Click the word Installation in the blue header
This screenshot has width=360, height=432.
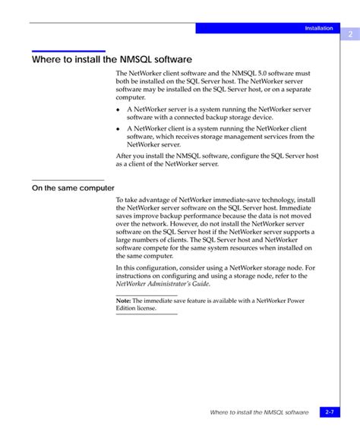pyautogui.click(x=319, y=28)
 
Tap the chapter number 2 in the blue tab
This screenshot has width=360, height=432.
pyautogui.click(x=350, y=34)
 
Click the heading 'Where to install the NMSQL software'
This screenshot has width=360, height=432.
pyautogui.click(x=112, y=58)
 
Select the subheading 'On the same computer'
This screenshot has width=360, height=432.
pyautogui.click(x=73, y=188)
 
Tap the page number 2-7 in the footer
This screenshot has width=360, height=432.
pyautogui.click(x=330, y=412)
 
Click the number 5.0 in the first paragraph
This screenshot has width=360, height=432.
pyautogui.click(x=269, y=73)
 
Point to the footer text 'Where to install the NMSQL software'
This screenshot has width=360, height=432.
pyautogui.click(x=259, y=412)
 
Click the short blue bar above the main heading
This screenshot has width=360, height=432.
pyautogui.click(x=68, y=51)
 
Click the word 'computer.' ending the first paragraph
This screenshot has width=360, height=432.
pyautogui.click(x=131, y=97)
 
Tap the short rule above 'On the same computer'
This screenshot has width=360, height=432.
pyautogui.click(x=68, y=179)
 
